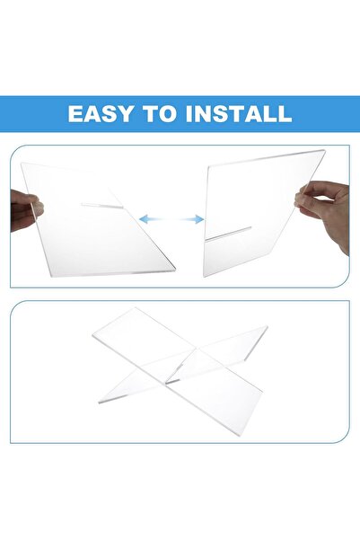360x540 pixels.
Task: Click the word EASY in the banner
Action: (100, 113)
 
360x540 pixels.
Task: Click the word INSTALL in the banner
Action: (239, 113)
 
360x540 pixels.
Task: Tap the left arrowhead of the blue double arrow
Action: (144, 218)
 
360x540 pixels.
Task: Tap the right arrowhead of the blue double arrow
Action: (199, 219)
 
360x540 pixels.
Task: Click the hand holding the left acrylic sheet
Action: (26, 210)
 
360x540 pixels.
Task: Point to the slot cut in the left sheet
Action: (101, 206)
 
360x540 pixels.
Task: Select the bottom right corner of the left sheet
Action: (176, 269)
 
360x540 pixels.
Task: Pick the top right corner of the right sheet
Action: (325, 150)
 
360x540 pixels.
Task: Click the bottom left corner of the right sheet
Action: (204, 277)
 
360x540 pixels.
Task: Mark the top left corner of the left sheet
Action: (22, 163)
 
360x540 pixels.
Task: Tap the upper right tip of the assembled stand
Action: (267, 326)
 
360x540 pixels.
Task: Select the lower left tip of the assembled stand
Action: (99, 402)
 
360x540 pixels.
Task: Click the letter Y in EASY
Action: (124, 113)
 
